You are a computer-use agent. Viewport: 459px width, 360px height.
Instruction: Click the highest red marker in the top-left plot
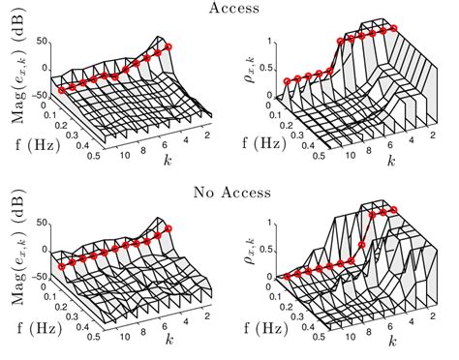tap(168, 46)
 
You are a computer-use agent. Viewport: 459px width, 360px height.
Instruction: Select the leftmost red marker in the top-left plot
tap(62, 90)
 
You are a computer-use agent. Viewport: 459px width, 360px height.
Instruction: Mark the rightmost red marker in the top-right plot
tap(395, 29)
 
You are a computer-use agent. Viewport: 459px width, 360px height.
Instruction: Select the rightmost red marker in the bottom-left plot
tap(168, 226)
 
